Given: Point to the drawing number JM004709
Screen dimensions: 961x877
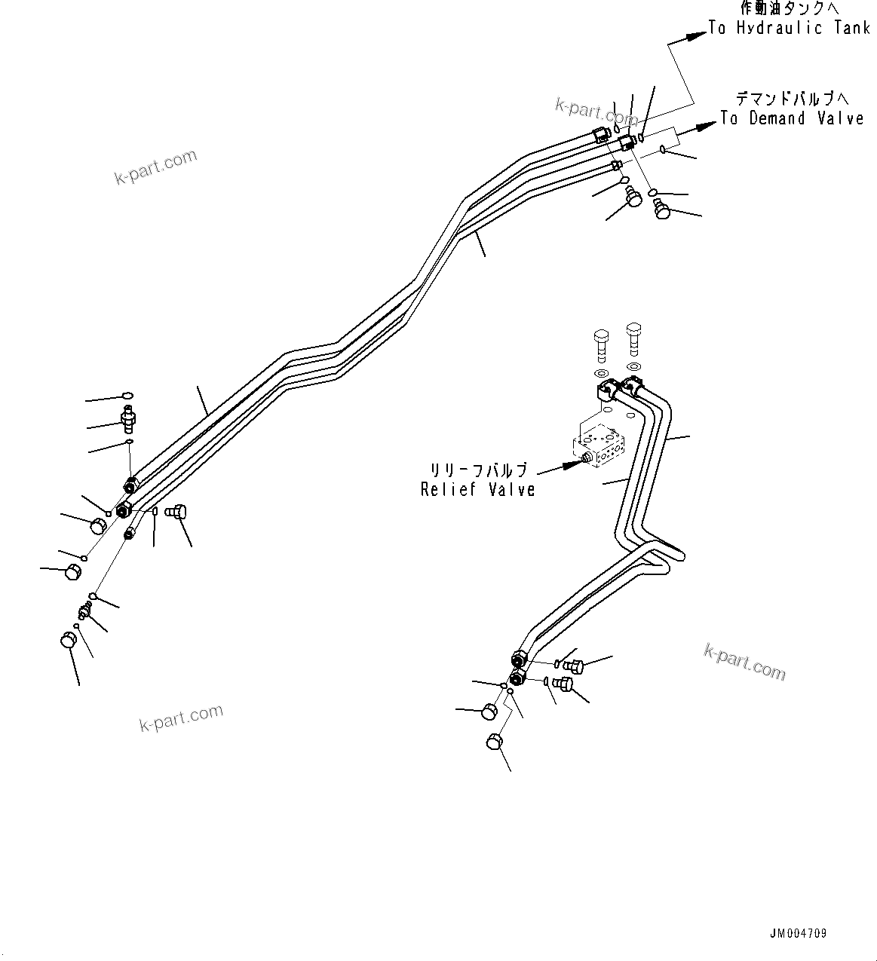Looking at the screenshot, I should pyautogui.click(x=798, y=933).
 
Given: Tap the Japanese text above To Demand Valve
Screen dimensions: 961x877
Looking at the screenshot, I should pyautogui.click(x=792, y=99).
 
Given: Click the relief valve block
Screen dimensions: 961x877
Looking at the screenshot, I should pyautogui.click(x=600, y=447).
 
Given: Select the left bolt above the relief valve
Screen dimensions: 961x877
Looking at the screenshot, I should pyautogui.click(x=601, y=345).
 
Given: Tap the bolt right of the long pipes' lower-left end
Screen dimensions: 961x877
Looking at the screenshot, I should pyautogui.click(x=176, y=513).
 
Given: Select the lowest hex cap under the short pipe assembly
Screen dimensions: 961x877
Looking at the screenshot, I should pyautogui.click(x=494, y=742).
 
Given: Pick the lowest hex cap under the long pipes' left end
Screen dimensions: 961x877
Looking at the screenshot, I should pyautogui.click(x=68, y=641).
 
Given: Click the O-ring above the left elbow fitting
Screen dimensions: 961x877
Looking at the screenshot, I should pyautogui.click(x=127, y=395).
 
